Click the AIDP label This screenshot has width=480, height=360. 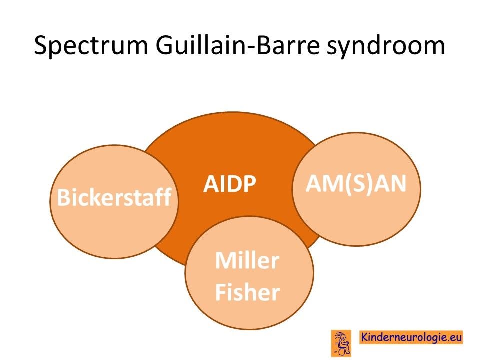point(229,183)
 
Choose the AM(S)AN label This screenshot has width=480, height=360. point(356,183)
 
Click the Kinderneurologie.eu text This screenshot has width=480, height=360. point(411,337)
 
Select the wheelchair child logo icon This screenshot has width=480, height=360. point(341,343)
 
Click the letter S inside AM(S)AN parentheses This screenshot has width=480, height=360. point(356,183)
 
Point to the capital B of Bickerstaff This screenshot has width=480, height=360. point(63,197)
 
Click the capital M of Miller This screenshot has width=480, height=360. point(226,260)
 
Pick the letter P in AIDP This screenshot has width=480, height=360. point(249,184)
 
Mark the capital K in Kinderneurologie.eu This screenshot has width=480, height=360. point(365,336)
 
